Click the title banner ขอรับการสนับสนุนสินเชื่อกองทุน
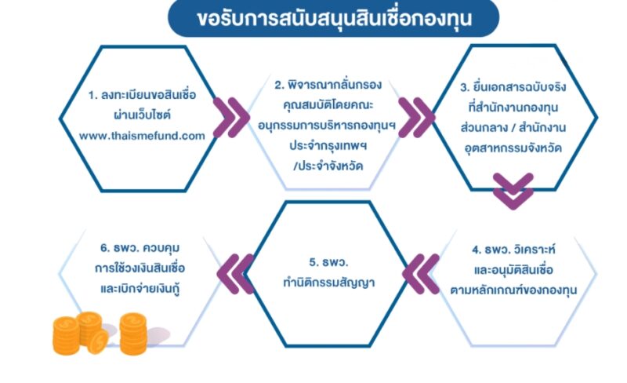tap(334, 18)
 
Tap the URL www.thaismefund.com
tap(142, 136)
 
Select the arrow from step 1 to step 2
tap(231, 118)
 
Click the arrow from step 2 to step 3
tap(417, 118)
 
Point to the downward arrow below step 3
tap(513, 191)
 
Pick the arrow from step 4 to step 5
tap(421, 274)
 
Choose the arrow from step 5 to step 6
tap(235, 274)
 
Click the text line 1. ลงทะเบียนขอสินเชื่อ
tap(143, 95)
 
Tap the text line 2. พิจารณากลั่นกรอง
tap(328, 85)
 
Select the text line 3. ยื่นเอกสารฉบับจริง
tap(513, 87)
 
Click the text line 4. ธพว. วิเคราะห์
tap(513, 250)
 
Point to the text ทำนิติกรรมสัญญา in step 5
tap(328, 283)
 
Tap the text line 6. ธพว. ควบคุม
tap(140, 248)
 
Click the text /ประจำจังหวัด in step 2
tap(328, 166)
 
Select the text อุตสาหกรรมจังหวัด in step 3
tap(513, 148)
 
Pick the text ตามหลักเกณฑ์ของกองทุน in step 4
tap(513, 290)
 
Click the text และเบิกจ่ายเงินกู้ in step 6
tap(140, 289)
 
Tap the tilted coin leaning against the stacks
tap(97, 341)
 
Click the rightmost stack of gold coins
tap(133, 334)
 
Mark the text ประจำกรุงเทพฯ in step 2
tap(328, 146)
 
